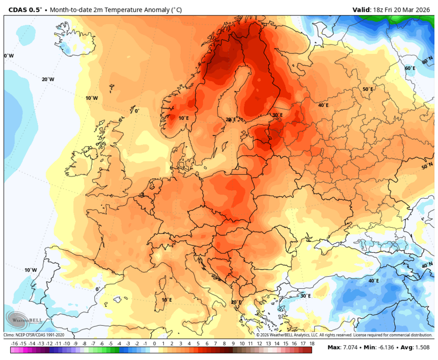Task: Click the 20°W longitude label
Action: point(48,79)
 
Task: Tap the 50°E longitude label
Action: point(368,89)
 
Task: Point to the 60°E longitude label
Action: point(410,68)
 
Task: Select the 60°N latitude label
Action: point(427,61)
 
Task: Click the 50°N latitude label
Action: point(427,166)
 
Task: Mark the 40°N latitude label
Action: point(427,265)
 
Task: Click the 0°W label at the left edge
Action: point(9,56)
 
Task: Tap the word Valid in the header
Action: point(362,9)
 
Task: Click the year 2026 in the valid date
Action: point(423,9)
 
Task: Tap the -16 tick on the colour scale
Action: point(15,344)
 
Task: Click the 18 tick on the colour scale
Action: point(312,344)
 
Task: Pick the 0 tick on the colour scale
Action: point(154,344)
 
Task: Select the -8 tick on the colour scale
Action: point(85,344)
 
